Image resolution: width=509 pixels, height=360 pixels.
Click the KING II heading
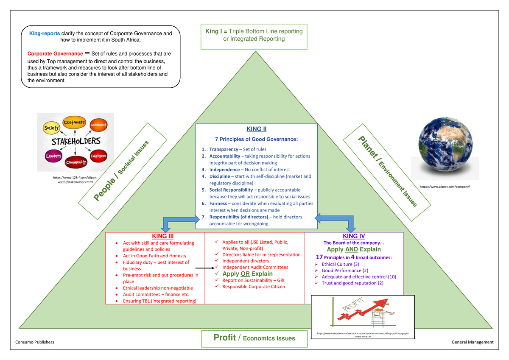[256, 129]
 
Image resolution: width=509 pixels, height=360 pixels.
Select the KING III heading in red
[162, 236]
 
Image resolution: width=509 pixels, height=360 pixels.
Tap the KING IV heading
[353, 236]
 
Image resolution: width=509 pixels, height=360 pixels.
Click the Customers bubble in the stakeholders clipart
[74, 123]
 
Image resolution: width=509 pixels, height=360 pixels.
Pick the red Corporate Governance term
[55, 54]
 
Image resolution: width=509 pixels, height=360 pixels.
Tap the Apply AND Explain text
[354, 250]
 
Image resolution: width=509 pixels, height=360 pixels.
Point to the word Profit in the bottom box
[224, 338]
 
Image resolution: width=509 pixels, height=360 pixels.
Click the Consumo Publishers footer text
[35, 342]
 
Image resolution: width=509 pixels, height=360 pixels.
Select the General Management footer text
[473, 342]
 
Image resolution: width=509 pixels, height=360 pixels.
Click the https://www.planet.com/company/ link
[445, 187]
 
